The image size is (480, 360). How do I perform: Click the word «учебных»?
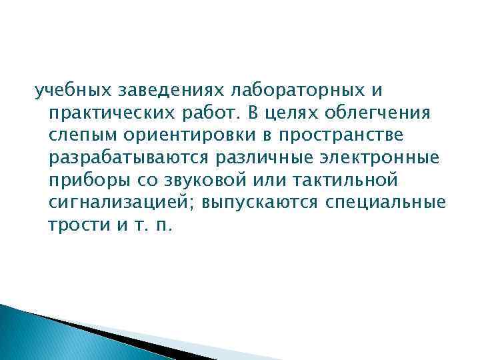(62, 89)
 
